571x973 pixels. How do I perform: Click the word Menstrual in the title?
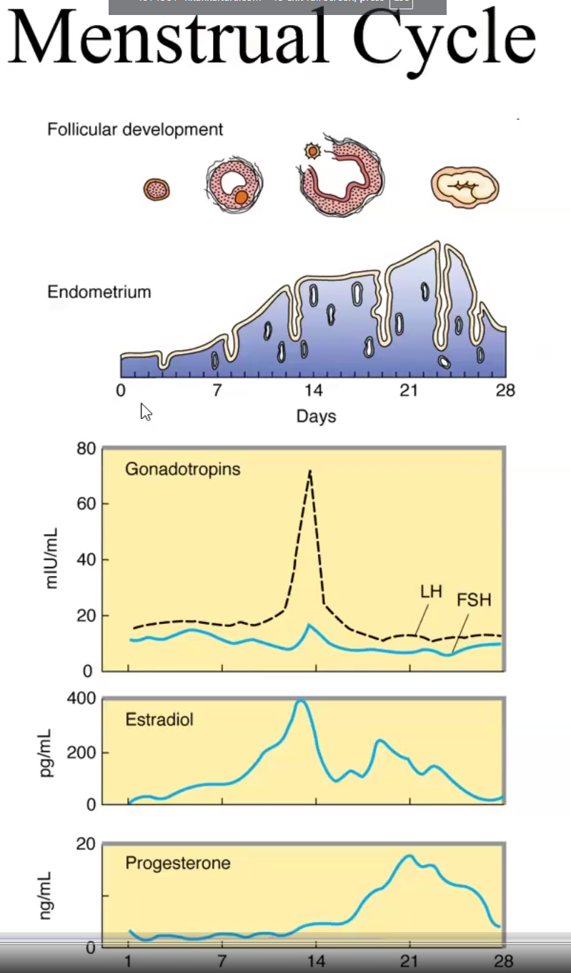coord(169,39)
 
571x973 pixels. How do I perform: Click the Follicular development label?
coord(135,129)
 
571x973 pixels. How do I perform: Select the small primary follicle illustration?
coord(157,189)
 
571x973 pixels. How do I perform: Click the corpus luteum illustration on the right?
coord(465,187)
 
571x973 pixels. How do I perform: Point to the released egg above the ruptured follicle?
coord(312,151)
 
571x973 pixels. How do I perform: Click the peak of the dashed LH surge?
coord(309,471)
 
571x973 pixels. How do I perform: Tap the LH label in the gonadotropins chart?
coord(431,592)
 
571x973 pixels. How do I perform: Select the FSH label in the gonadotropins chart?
coord(474,600)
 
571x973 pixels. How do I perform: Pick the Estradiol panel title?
coord(159,719)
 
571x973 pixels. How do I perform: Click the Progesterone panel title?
coord(178,863)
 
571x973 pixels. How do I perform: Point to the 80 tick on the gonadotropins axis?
coord(86,449)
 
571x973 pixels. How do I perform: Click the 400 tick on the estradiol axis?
coord(81,698)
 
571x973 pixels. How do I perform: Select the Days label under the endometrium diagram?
coord(316,416)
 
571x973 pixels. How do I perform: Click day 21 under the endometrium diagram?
coord(409,390)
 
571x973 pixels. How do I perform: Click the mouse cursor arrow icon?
coord(146,412)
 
